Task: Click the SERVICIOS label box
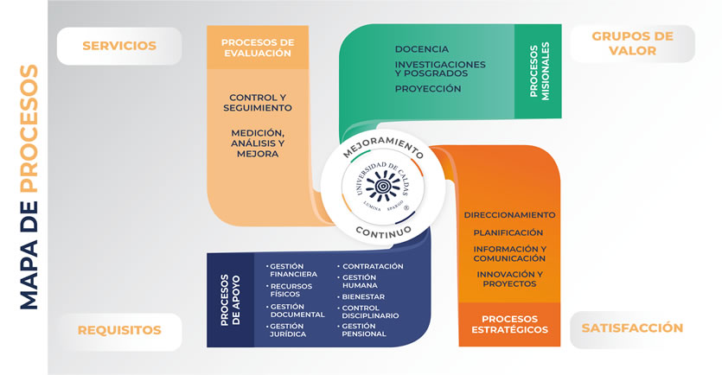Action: point(119,46)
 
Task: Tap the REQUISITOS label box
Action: point(119,331)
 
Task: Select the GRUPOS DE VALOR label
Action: point(632,43)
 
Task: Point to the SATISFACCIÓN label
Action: point(632,328)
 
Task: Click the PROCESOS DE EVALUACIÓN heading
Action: point(258,48)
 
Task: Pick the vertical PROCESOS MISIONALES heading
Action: point(540,71)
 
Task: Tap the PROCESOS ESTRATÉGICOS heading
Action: point(510,324)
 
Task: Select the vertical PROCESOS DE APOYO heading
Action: point(230,300)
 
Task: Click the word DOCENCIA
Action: point(421,49)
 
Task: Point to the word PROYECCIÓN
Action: point(428,89)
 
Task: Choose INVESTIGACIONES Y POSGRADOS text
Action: point(440,69)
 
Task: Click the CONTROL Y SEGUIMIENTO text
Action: point(258,103)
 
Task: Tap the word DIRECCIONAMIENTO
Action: point(510,215)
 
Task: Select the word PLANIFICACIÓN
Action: point(508,232)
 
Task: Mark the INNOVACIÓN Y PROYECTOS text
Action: point(510,279)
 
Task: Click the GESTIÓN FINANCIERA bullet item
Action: point(292,270)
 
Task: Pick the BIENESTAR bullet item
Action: point(361,296)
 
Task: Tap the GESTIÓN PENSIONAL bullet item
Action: point(361,330)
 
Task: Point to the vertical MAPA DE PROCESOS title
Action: point(29,187)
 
